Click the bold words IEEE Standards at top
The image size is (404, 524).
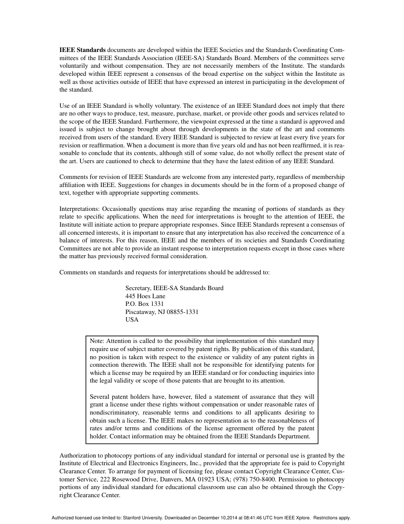click(83, 50)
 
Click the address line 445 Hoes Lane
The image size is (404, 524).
click(145, 296)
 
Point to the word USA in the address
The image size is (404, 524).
click(132, 320)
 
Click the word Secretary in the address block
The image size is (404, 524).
click(138, 288)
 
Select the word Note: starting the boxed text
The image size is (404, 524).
click(97, 341)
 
